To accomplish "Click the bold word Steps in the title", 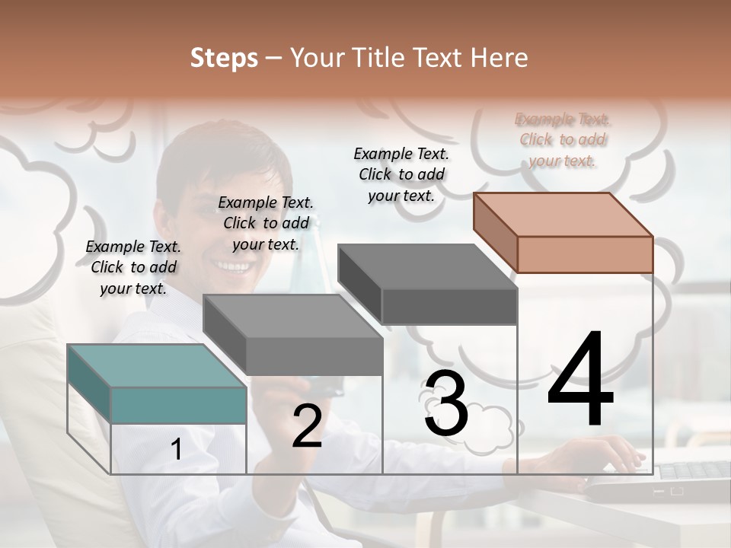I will click(x=223, y=58).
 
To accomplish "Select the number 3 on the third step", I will click(x=446, y=404).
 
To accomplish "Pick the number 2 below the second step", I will click(x=307, y=426).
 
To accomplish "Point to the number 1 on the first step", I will click(x=177, y=450).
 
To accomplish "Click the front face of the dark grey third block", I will click(x=449, y=307).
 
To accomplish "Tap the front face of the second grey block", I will click(x=314, y=356).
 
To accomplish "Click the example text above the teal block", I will click(x=133, y=267).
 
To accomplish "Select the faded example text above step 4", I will click(x=563, y=139).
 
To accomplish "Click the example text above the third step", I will click(x=401, y=174).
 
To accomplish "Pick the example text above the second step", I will click(x=266, y=223).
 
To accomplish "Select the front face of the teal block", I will click(x=178, y=405).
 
